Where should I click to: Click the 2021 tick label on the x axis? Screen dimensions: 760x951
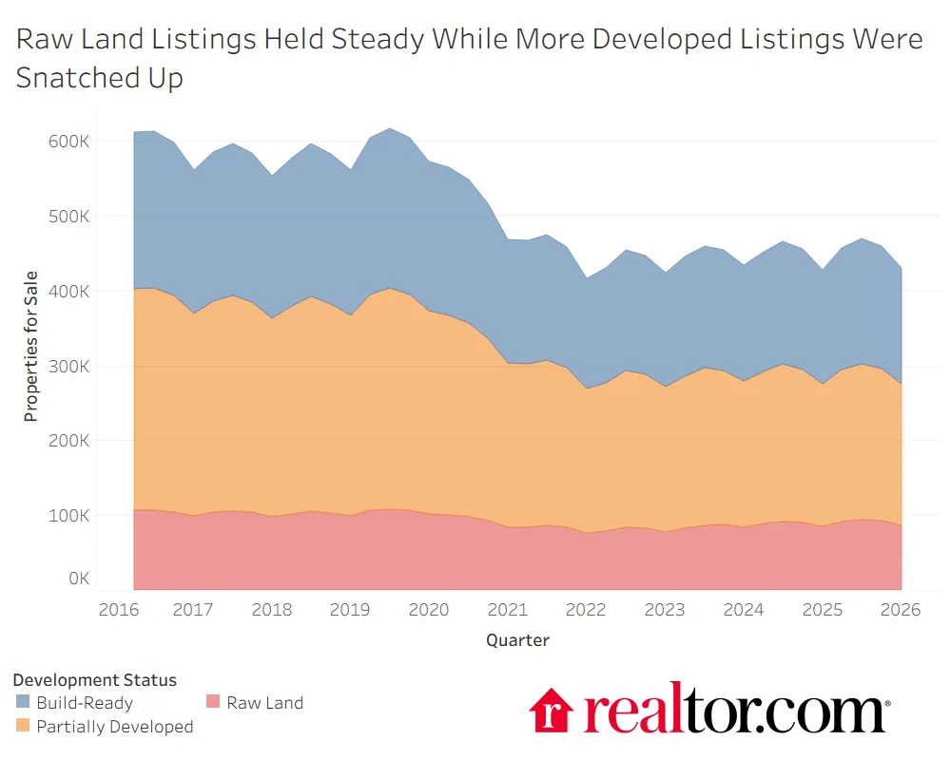click(507, 610)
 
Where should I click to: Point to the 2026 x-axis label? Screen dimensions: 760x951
click(901, 610)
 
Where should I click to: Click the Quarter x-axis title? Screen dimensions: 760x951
click(517, 640)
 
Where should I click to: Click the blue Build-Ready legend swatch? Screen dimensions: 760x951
click(23, 704)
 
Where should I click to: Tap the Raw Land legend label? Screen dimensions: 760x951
click(264, 704)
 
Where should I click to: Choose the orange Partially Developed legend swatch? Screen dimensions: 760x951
click(23, 727)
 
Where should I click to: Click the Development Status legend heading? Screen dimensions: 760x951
click(94, 680)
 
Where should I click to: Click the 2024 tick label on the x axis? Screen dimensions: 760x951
click(743, 610)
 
